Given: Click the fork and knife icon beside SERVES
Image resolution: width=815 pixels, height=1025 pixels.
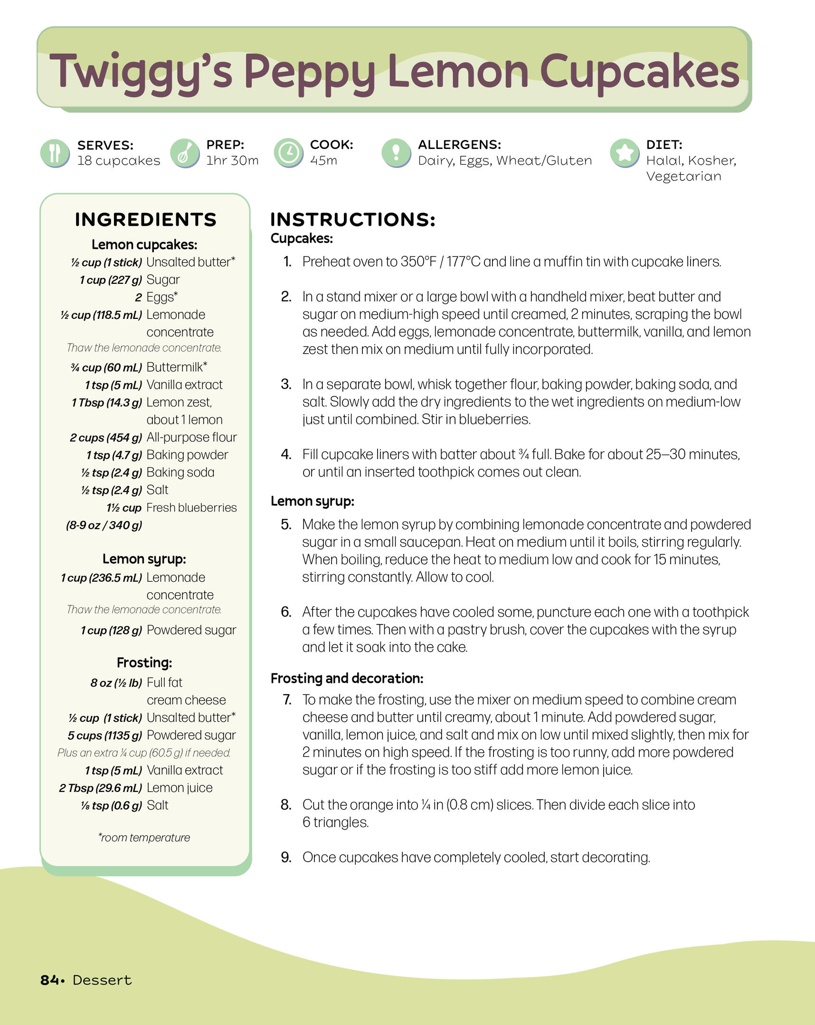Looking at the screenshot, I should point(55,153).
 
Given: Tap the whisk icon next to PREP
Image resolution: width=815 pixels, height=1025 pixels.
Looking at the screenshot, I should point(184,153).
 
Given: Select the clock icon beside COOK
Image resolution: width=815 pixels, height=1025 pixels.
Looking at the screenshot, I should point(288,153).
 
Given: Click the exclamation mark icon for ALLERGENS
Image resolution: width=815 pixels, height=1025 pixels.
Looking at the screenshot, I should point(396,153).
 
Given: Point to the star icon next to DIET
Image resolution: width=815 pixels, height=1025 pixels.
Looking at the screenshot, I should point(624,153).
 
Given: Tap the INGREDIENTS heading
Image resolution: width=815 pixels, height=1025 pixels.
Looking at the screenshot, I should point(146,220).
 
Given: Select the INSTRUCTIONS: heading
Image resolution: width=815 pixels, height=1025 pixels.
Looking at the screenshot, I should point(352,220).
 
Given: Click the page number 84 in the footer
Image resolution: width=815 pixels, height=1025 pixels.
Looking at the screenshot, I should point(49,980).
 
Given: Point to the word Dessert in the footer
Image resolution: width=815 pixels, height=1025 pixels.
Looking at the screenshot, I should point(102,980).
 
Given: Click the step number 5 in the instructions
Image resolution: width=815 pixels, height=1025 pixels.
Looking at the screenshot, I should point(286,524).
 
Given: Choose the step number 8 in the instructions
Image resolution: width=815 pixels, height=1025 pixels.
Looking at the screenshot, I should point(286,804).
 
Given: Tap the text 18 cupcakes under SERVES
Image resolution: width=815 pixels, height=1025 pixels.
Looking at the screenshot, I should point(119,161).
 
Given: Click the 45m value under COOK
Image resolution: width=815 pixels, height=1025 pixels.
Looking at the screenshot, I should point(323,161).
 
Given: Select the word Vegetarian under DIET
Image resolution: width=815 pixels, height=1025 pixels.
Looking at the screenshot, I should point(683,177).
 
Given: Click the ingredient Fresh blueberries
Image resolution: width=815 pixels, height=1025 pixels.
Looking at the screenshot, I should point(191,508).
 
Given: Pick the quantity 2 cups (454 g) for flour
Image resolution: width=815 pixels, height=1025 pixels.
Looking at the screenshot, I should point(106,438).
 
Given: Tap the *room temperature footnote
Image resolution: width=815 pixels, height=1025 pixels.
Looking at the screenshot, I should point(144,837).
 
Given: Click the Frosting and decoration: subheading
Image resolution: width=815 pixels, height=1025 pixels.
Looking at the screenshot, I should point(347,678).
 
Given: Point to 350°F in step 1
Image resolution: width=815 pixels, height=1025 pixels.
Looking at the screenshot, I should point(418,262).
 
